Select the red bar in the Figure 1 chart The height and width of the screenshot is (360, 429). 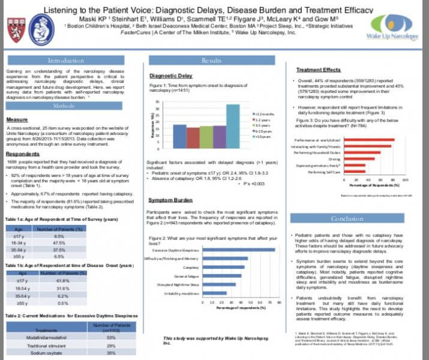tap(193, 137)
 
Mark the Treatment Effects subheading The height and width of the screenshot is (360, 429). tap(319, 70)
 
